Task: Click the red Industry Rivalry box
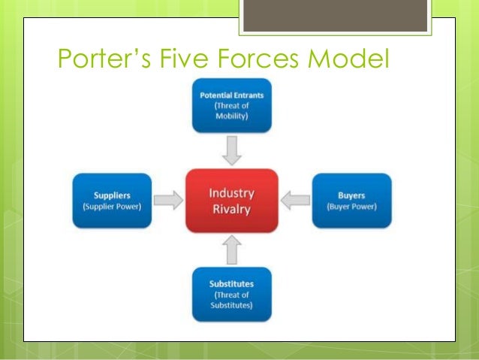click(x=232, y=199)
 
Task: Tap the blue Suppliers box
click(x=112, y=200)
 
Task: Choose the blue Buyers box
click(x=351, y=200)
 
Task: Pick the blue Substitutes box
click(x=232, y=294)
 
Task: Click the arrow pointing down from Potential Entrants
click(x=232, y=152)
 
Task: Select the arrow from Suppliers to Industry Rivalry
click(x=168, y=200)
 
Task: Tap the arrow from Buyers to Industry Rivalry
click(x=296, y=200)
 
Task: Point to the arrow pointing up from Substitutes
click(x=232, y=250)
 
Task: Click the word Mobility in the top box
click(x=232, y=119)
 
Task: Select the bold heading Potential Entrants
click(x=232, y=96)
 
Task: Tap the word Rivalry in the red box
click(x=232, y=209)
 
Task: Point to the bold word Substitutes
click(x=232, y=283)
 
